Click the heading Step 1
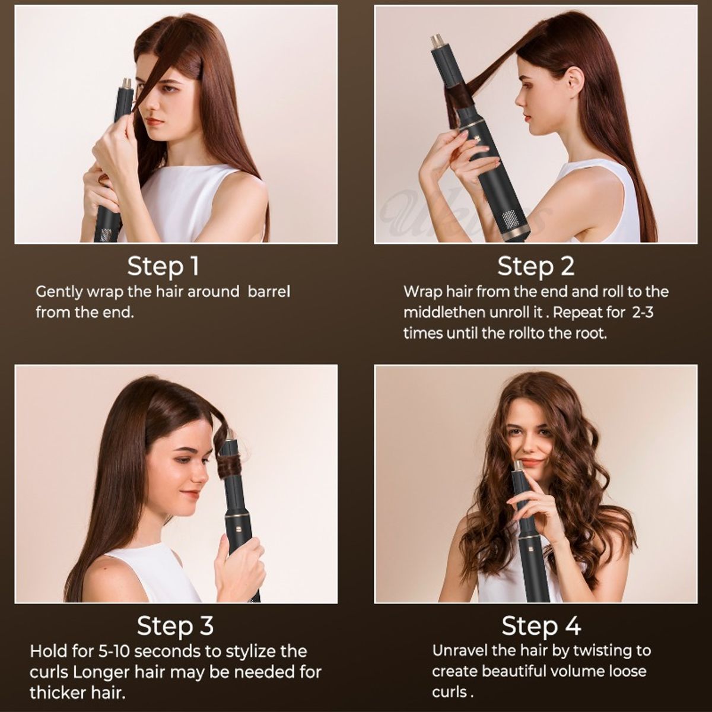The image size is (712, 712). tap(163, 266)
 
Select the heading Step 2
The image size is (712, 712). tap(536, 266)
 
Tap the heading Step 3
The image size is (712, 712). tap(175, 625)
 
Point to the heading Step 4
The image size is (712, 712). tap(541, 625)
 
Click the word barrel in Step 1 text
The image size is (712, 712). tap(269, 292)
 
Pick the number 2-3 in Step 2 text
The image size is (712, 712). tap(643, 313)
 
